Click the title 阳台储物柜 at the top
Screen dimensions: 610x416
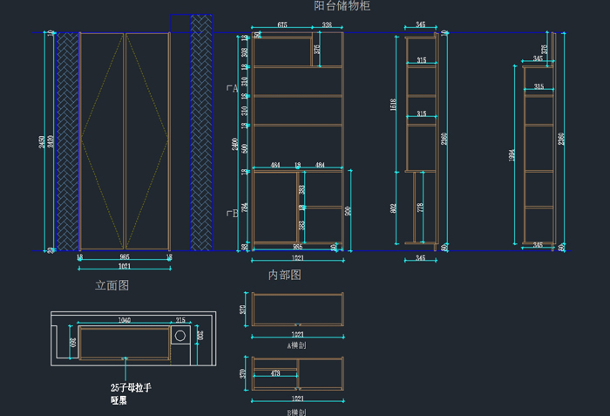coord(342,6)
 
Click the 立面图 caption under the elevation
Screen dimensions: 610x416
coord(112,285)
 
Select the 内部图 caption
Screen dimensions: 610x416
coord(284,275)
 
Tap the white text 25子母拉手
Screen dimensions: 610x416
coord(131,387)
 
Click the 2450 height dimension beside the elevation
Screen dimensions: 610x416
coord(42,142)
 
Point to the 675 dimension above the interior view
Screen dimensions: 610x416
coord(282,26)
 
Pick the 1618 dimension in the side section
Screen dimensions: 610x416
coord(395,106)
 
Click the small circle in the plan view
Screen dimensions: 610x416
coord(180,336)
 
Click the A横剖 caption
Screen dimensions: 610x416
coord(297,345)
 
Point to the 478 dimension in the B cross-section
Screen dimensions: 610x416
coord(274,374)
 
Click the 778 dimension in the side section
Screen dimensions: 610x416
coord(421,207)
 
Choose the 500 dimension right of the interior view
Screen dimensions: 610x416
coord(349,210)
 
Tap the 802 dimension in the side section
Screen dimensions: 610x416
coord(394,208)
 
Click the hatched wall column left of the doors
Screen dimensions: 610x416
coord(66,142)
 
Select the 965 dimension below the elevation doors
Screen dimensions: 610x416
coord(124,257)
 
